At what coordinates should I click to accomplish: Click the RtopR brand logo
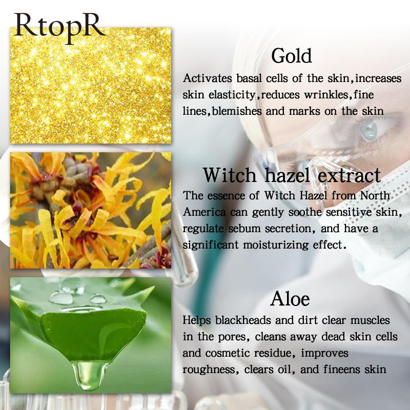coord(59,28)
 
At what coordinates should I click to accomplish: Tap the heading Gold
coord(291,56)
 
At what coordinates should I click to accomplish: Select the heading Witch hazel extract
coord(292,175)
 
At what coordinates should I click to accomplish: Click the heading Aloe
coord(290,299)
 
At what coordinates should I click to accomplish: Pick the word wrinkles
coord(326,95)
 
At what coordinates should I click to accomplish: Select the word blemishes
coord(236,111)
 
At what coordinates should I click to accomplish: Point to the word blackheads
coord(243,320)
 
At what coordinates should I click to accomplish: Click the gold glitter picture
coord(91,86)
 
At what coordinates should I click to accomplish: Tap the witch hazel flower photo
coord(91,211)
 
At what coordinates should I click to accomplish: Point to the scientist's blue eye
coord(368,129)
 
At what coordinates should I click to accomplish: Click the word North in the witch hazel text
coord(375,196)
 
